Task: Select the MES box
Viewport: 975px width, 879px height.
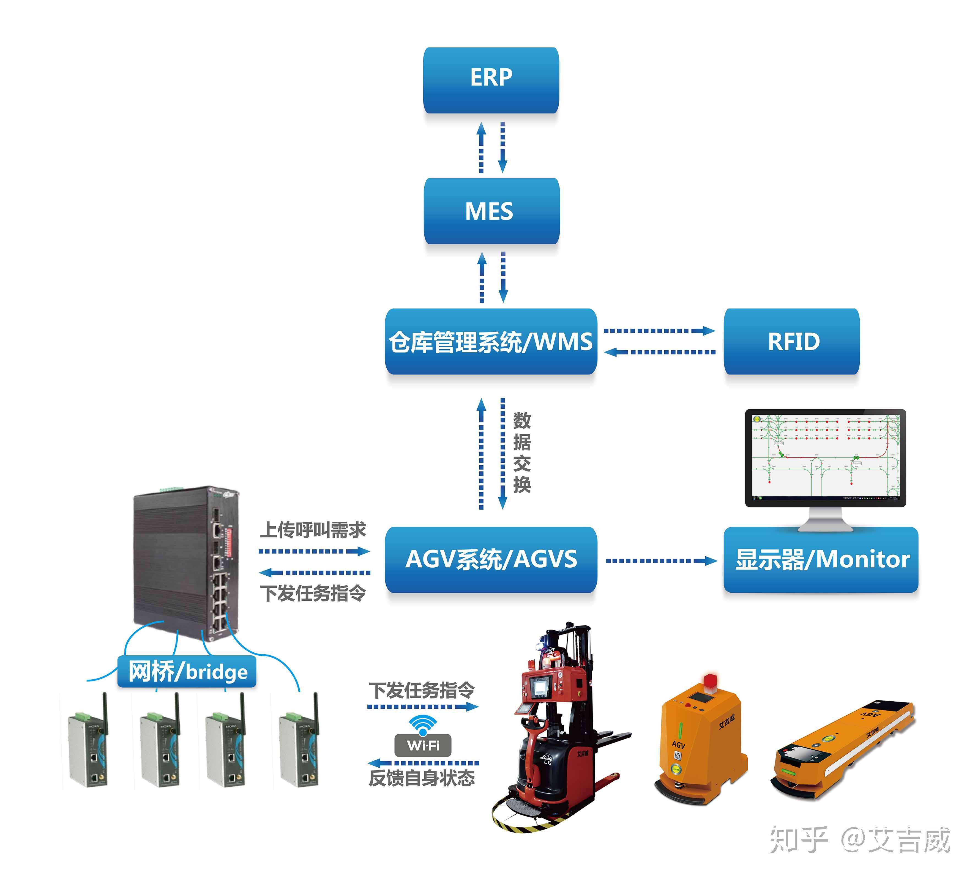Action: click(491, 211)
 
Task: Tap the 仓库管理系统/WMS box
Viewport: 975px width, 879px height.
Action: click(491, 342)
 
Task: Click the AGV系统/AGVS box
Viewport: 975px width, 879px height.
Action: click(491, 559)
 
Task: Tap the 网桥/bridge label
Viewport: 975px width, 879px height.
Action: click(187, 671)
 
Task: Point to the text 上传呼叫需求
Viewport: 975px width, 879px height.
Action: click(313, 530)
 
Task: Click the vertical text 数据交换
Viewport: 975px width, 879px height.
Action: click(522, 452)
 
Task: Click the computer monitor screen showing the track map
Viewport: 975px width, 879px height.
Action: click(825, 456)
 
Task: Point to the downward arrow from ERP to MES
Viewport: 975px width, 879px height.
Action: click(502, 147)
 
